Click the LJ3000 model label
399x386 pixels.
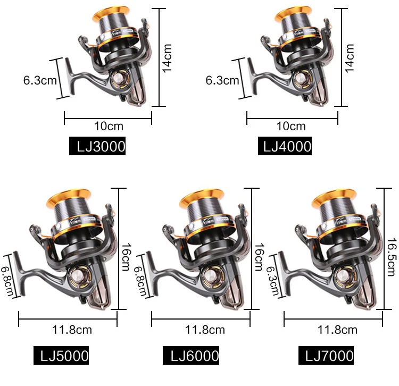97,146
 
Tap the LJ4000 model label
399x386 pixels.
285,146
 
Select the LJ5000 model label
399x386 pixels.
61,355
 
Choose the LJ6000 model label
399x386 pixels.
191,355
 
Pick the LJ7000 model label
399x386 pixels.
326,355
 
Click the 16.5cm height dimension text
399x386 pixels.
392,257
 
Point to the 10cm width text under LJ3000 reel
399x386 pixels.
109,126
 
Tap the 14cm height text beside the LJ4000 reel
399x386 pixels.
350,58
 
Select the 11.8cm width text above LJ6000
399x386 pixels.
205,330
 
